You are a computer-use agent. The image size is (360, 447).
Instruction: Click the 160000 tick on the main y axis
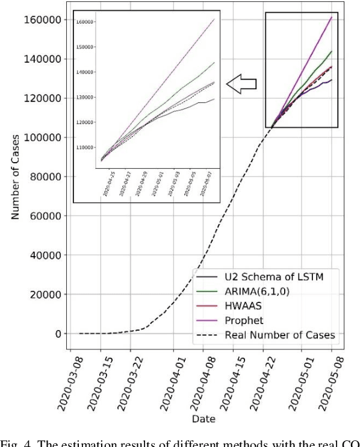[43, 20]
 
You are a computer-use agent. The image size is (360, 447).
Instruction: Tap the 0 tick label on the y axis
[58, 334]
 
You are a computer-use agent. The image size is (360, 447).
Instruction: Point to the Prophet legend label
[243, 320]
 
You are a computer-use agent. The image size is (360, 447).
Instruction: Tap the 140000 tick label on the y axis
[43, 59]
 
